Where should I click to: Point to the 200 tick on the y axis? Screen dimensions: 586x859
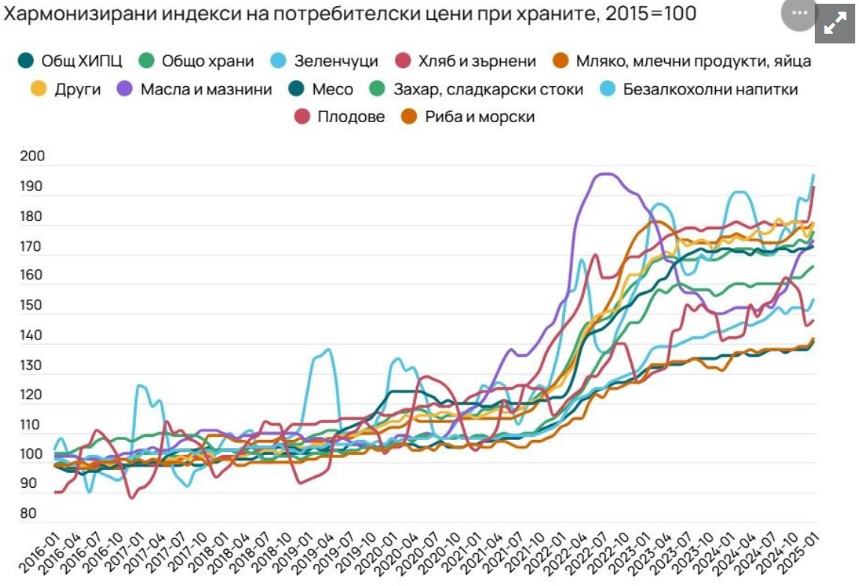[34, 157]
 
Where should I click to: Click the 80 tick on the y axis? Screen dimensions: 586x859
[28, 514]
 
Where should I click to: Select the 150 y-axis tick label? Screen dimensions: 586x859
[34, 306]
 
